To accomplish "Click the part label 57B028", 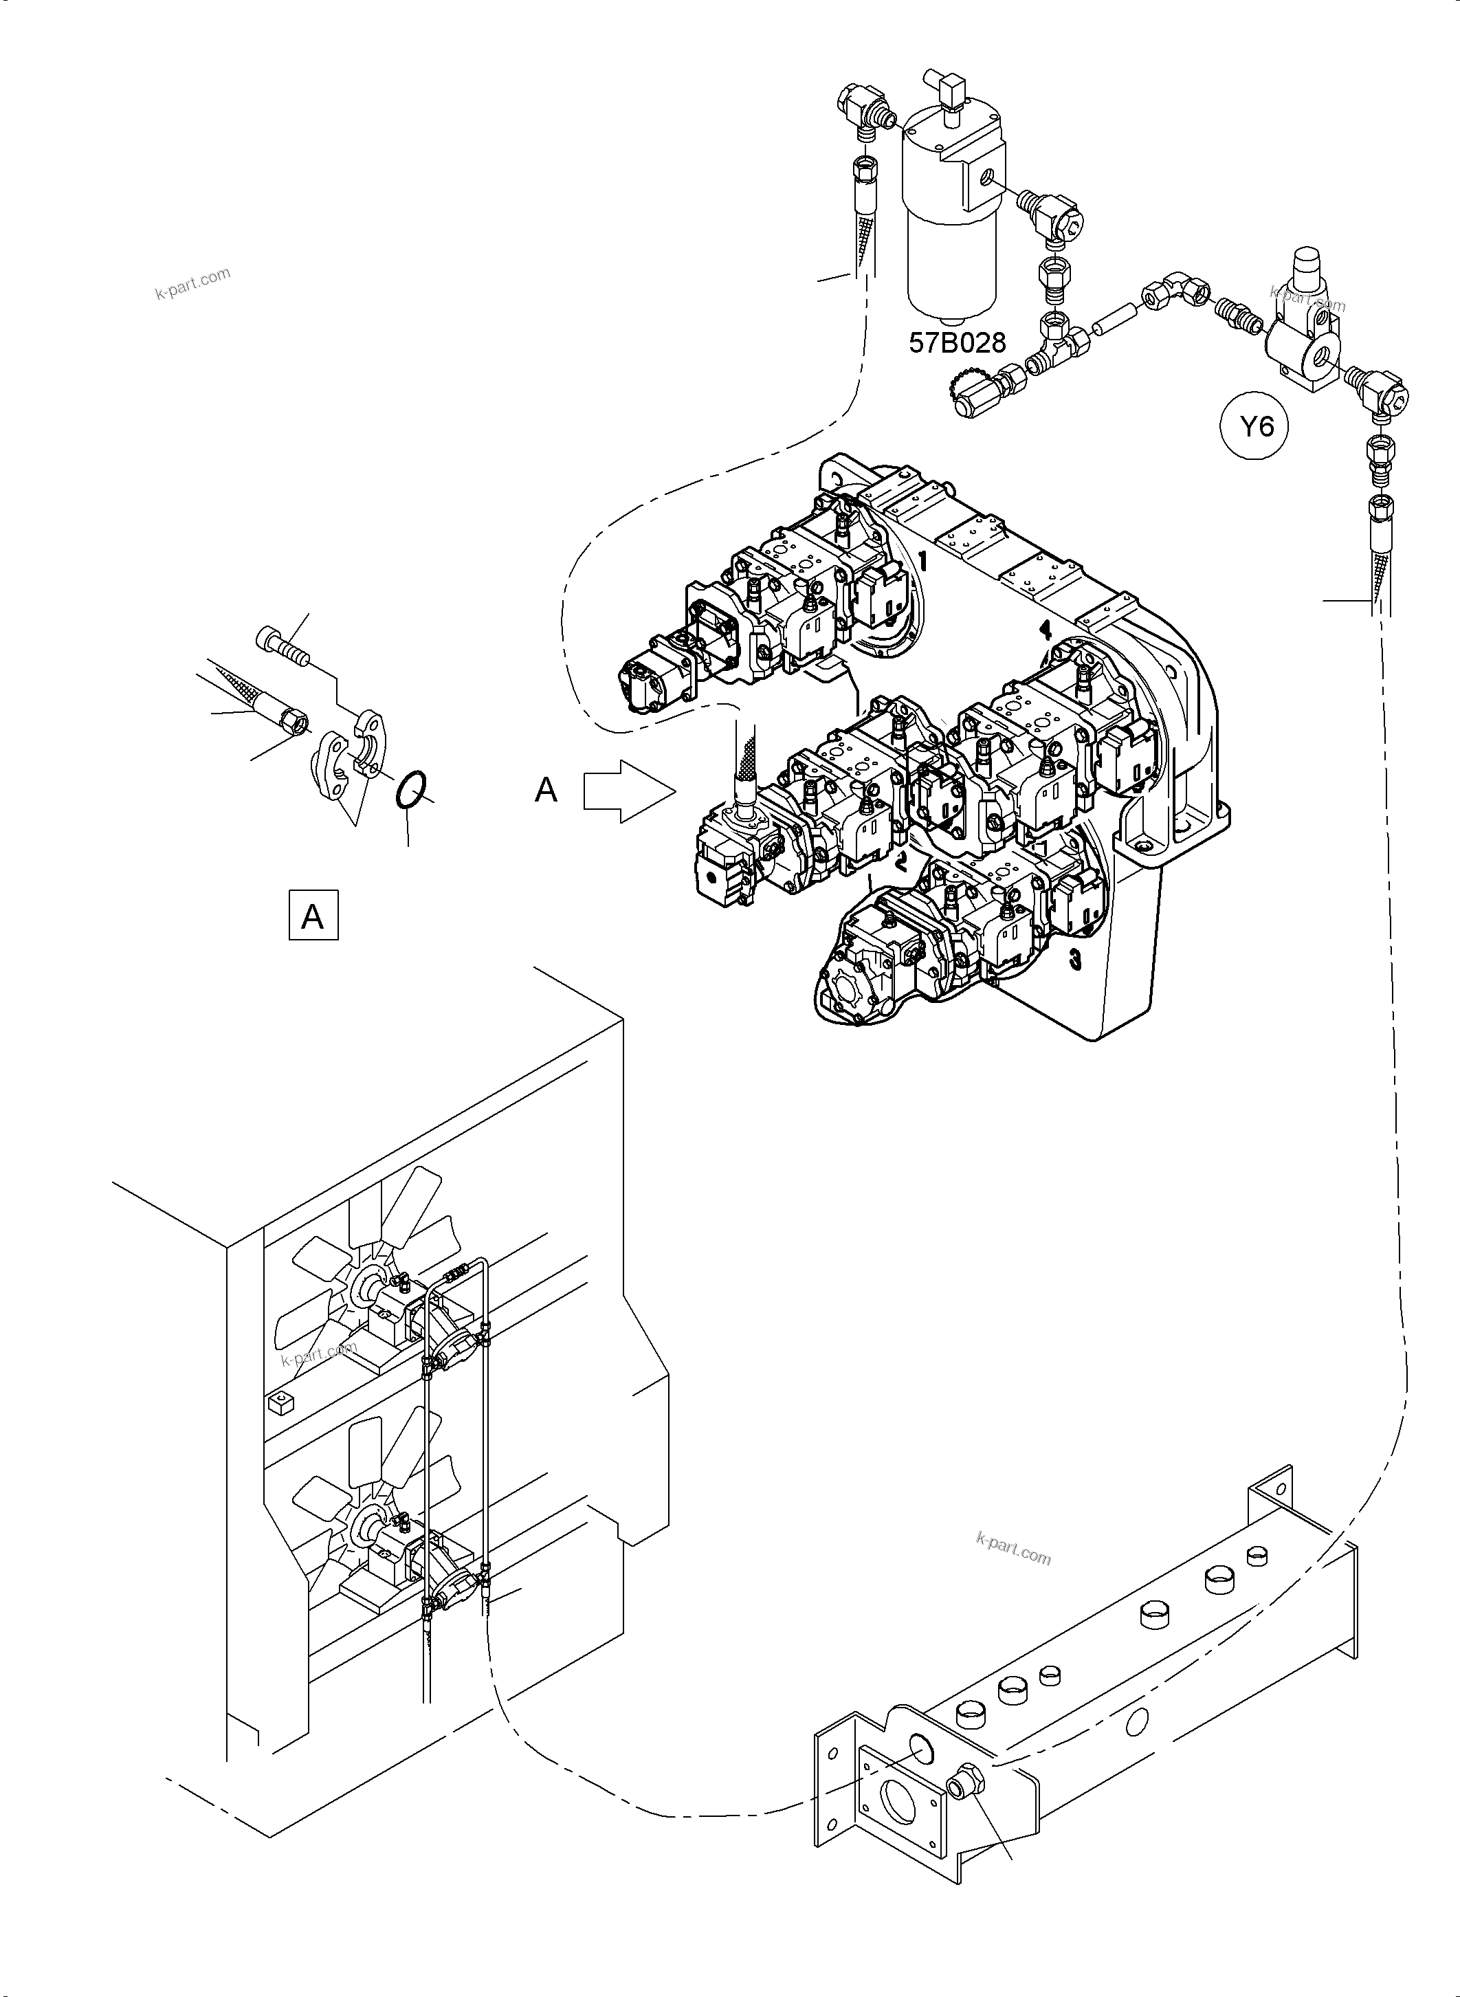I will (x=957, y=342).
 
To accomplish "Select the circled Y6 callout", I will (x=1256, y=428).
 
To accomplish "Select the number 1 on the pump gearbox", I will (x=922, y=560).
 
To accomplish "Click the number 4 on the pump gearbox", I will (x=1046, y=629).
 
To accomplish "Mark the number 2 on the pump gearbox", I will (x=900, y=861).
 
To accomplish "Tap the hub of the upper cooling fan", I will (x=364, y=1283).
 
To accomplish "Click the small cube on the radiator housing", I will (x=280, y=1402).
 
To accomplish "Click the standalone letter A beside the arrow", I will (x=546, y=789).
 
